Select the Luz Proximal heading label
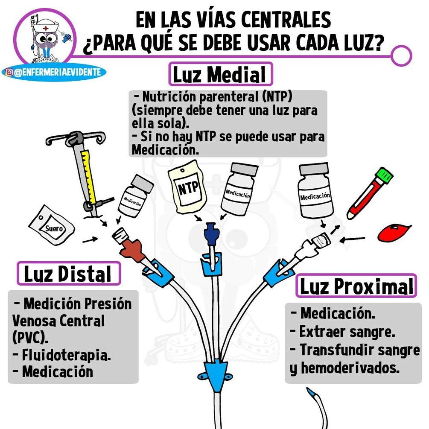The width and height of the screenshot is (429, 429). pyautogui.click(x=356, y=286)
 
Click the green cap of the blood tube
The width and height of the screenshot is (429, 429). pyautogui.click(x=384, y=175)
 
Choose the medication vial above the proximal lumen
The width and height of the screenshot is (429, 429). pyautogui.click(x=316, y=192)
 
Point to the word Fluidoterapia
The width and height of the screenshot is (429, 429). pyautogui.click(x=66, y=355)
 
